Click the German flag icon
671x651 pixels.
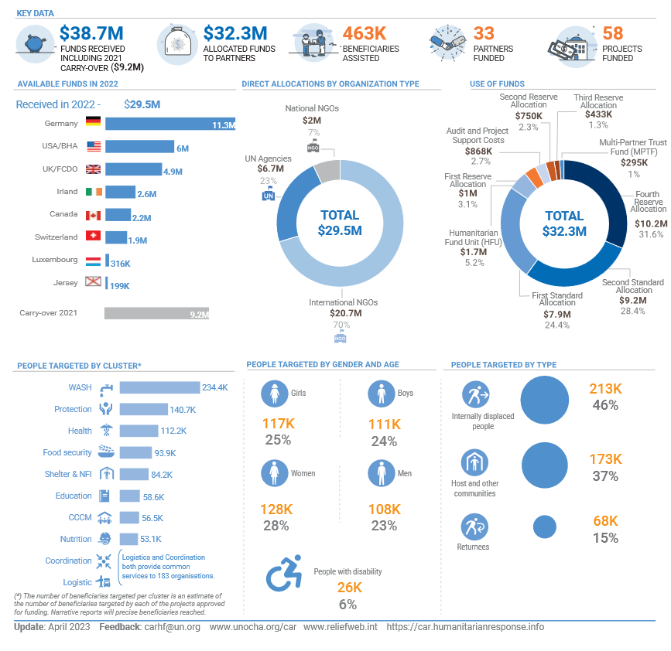(93, 122)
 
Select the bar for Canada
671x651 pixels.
(118, 214)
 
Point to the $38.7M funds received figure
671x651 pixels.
(91, 33)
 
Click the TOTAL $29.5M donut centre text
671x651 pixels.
(340, 222)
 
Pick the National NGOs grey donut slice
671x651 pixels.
(328, 170)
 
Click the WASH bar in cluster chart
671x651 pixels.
(159, 387)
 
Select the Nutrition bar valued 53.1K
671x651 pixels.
(128, 538)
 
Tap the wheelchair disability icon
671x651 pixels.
(283, 574)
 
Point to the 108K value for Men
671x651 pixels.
(384, 510)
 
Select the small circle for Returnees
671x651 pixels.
(545, 527)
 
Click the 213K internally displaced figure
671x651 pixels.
(605, 388)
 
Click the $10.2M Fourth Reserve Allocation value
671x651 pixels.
(649, 223)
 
